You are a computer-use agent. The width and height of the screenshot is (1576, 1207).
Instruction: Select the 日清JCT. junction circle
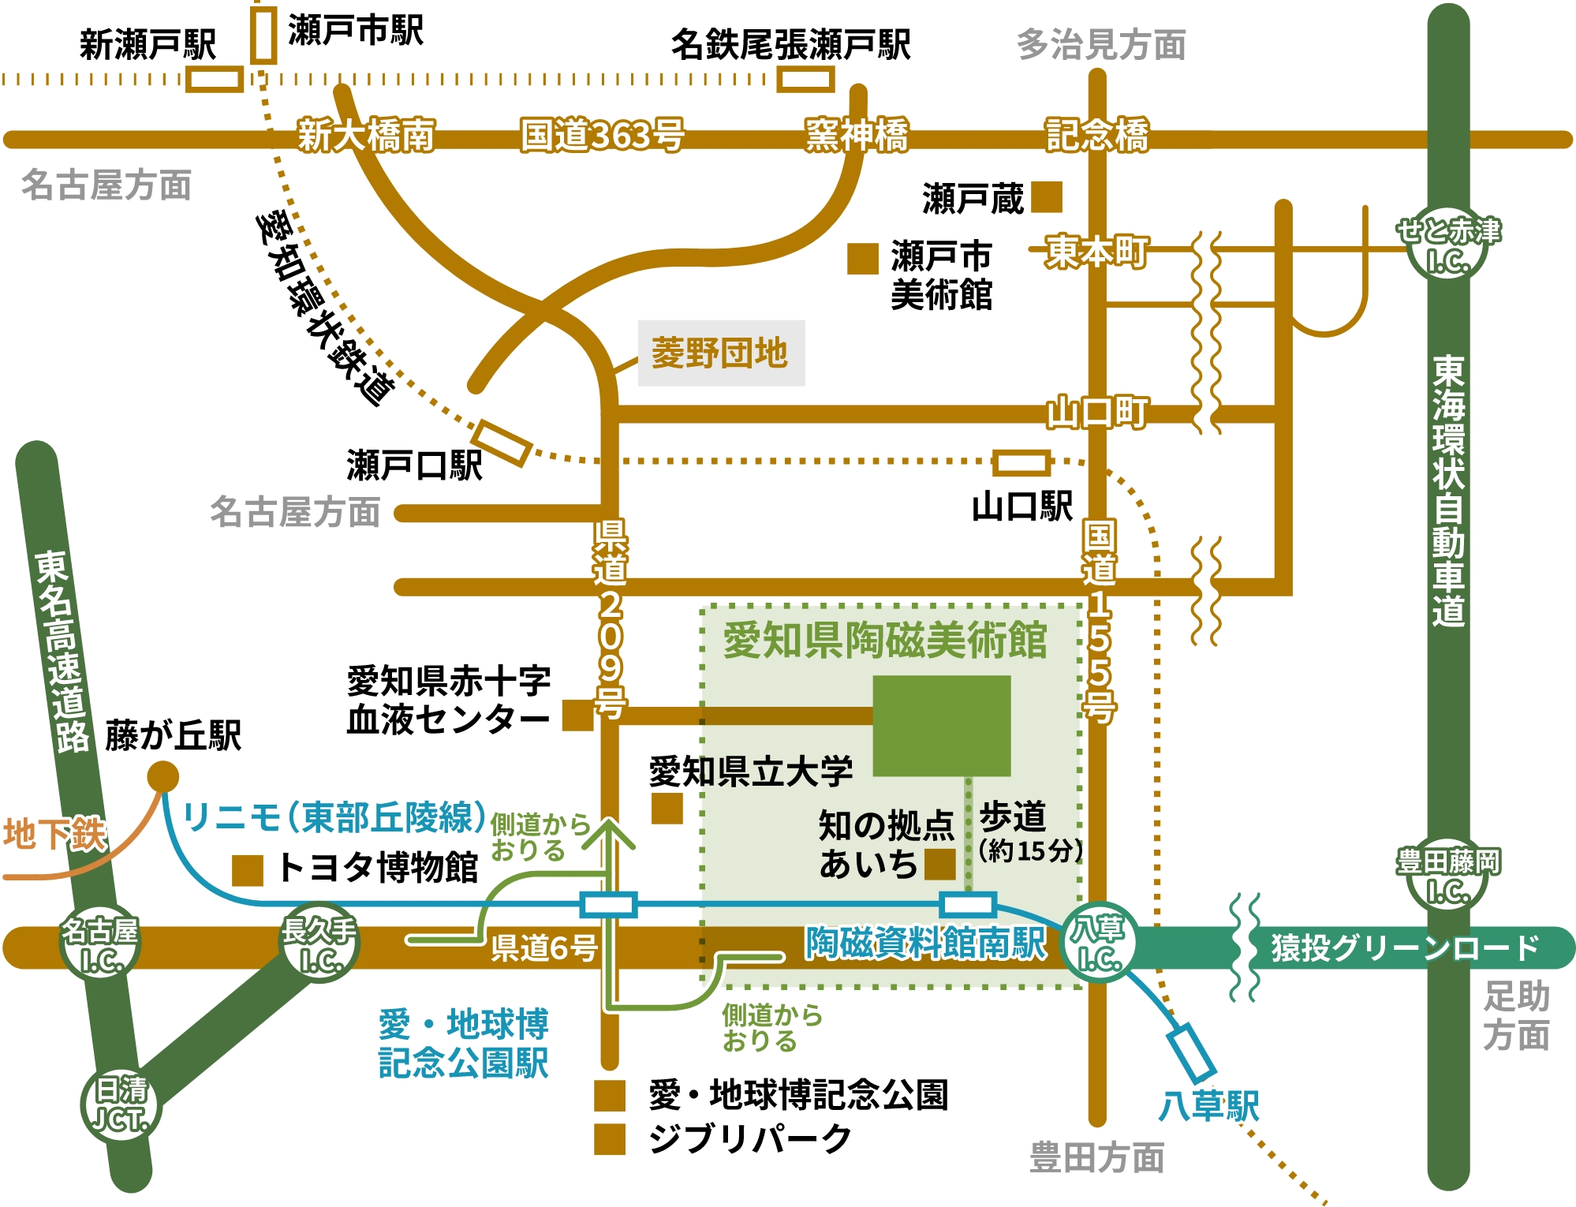[x=121, y=1104]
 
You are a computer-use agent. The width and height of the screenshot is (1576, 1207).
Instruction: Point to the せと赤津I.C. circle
[x=1447, y=245]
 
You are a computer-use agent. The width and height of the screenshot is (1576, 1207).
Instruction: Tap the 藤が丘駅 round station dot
[x=163, y=777]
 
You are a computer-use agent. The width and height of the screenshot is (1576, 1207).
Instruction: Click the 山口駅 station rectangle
[x=1021, y=463]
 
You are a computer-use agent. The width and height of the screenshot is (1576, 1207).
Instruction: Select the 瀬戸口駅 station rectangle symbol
[x=502, y=443]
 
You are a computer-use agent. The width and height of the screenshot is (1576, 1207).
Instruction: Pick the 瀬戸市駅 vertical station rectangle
[x=263, y=35]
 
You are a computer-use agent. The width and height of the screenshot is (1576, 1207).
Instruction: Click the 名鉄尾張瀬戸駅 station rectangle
[x=805, y=79]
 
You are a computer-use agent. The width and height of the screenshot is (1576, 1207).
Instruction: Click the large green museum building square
[x=941, y=726]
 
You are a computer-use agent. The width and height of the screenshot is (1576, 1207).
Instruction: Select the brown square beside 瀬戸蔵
[x=1047, y=197]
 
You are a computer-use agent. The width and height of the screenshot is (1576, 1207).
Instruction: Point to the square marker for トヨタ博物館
[x=248, y=870]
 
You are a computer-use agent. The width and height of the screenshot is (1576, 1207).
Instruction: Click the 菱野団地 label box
[x=720, y=353]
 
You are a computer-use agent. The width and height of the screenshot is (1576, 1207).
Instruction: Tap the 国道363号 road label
[x=602, y=135]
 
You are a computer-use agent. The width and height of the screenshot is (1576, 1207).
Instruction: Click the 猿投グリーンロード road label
[x=1404, y=947]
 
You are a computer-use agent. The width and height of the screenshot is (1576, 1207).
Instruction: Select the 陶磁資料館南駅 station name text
[x=924, y=943]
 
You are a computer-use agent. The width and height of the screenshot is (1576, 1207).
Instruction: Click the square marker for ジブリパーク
[x=610, y=1138]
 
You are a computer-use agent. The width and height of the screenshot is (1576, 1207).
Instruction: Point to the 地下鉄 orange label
[x=54, y=834]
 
